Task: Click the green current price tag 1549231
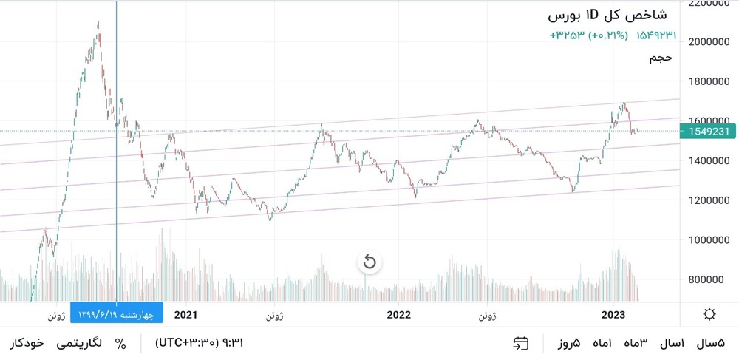pos(709,131)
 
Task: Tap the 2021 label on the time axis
pos(185,314)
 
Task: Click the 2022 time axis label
pos(398,314)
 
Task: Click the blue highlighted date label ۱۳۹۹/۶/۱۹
pos(117,314)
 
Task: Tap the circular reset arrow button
pos(369,262)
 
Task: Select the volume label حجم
pos(660,57)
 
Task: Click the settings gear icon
pos(709,314)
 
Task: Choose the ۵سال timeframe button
pos(712,343)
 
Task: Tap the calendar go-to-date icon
pos(521,343)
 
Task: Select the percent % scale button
pos(120,343)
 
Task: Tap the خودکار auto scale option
pos(27,343)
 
